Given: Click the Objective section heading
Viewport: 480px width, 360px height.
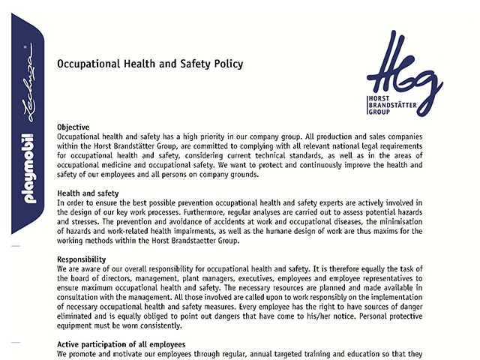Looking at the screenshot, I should click(x=73, y=127).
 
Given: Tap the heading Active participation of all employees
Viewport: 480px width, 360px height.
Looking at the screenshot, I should click(x=121, y=344).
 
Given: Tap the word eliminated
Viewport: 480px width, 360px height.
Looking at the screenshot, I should click(x=79, y=316).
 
